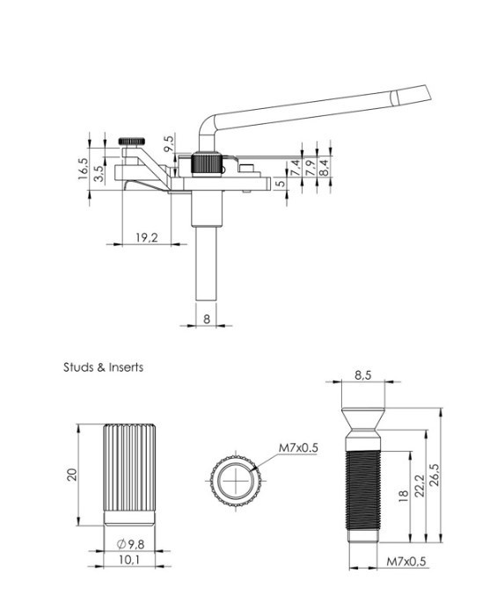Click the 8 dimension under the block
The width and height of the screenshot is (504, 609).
[207, 319]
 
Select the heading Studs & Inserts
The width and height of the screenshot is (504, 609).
[103, 367]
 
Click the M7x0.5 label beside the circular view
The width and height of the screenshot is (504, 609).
[298, 448]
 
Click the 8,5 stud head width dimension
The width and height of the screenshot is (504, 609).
[362, 374]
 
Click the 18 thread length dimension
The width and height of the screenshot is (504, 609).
[403, 496]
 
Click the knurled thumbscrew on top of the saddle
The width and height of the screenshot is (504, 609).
[132, 141]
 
